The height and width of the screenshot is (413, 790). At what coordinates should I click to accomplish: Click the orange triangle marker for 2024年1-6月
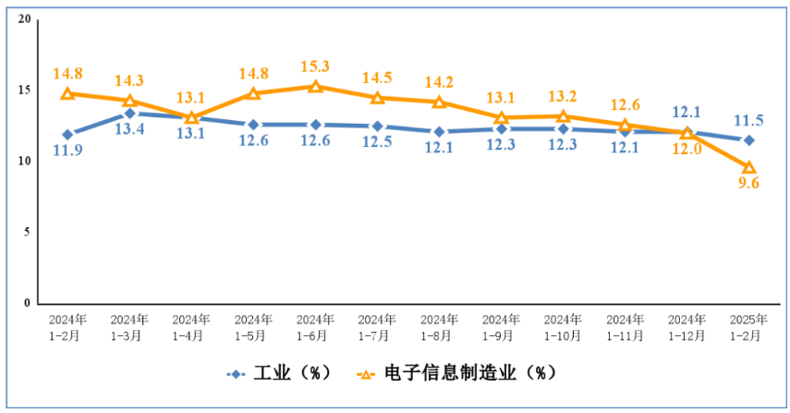(315, 86)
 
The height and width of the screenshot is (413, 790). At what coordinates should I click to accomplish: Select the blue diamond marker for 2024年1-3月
(129, 114)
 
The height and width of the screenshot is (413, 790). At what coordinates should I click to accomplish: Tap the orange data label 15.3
(315, 67)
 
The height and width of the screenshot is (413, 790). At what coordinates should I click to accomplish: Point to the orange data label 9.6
(749, 183)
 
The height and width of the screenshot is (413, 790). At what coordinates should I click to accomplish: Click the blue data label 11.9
(68, 150)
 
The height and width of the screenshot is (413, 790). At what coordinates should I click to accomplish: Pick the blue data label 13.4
(129, 129)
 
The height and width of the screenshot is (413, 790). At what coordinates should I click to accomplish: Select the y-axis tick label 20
(24, 19)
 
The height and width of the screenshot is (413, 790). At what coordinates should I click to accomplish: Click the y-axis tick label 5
(27, 232)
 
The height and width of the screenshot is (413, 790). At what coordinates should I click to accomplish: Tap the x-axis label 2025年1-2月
(748, 327)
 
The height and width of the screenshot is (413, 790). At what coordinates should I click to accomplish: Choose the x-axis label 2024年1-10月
(563, 327)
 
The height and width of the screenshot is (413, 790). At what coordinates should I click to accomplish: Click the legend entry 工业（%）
(279, 373)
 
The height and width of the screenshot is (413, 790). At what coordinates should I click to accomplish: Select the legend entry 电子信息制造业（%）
(456, 373)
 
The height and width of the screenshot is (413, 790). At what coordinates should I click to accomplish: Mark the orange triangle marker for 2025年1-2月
(749, 167)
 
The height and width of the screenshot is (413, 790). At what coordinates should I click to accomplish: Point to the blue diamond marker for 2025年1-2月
(749, 140)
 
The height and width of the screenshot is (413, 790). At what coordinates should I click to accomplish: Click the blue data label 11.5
(748, 120)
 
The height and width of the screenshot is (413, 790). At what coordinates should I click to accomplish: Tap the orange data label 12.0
(687, 149)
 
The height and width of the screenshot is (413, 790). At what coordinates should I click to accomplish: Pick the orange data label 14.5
(377, 78)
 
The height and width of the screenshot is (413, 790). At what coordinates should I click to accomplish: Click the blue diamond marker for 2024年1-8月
(439, 132)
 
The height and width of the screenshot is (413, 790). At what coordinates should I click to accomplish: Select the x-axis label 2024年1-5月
(253, 327)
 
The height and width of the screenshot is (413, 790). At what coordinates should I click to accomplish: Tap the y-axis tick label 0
(27, 303)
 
